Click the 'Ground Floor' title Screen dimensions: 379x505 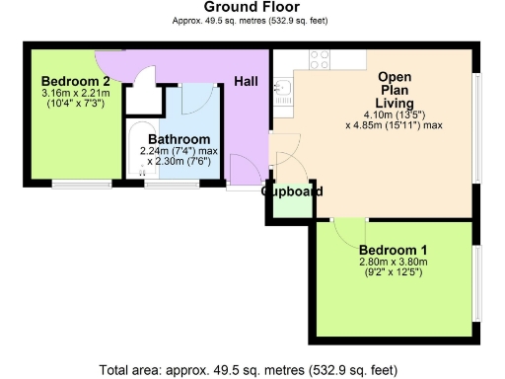[x=252, y=7]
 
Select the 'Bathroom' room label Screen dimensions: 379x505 [x=179, y=139]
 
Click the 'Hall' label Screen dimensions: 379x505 [x=247, y=81]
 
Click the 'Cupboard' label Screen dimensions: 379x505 [x=292, y=191]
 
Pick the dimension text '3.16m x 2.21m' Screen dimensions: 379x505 [x=75, y=94]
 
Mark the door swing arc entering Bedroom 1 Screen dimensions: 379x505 [x=348, y=232]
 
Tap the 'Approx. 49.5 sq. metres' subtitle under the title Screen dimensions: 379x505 [x=252, y=20]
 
